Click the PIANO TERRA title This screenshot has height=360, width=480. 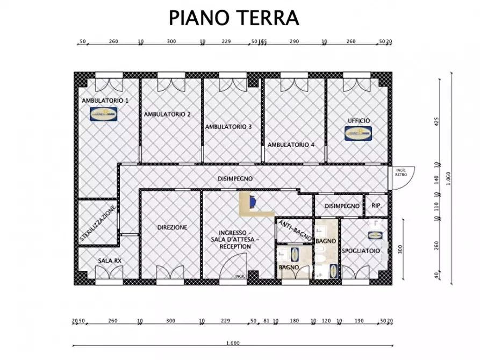[233, 17]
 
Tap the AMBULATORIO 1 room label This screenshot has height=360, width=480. [105, 100]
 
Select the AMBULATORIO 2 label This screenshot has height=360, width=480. [167, 114]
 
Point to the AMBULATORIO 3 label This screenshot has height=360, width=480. [228, 127]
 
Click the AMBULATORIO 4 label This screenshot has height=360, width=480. [291, 145]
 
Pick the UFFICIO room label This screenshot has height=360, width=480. [359, 121]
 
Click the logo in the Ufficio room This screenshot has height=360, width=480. [358, 133]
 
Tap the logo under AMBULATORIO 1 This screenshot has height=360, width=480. [104, 113]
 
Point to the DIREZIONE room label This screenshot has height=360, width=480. [172, 227]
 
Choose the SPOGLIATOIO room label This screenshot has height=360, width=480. [361, 251]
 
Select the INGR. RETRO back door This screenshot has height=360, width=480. [400, 176]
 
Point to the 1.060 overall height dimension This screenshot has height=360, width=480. [448, 177]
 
